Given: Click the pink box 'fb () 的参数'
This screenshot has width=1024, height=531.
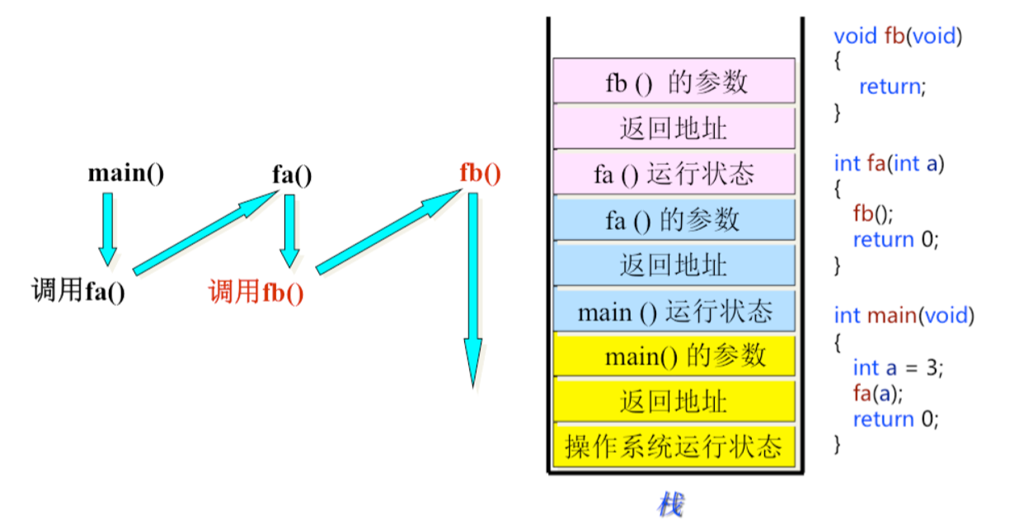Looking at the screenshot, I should coord(674,81).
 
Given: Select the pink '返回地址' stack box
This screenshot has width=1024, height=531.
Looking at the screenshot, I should coord(674,128).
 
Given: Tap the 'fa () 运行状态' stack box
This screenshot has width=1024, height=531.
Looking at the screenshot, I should coord(674,173).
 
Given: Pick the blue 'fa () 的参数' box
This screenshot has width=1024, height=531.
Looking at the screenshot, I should coord(674,219).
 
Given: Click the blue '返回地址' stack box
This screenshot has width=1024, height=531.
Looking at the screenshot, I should coord(674,265).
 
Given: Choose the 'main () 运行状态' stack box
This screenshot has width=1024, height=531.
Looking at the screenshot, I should coord(674,312).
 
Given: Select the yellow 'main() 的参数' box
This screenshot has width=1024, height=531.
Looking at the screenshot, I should coord(674,355).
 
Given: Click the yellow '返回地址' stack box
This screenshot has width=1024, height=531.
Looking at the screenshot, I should coord(674,402).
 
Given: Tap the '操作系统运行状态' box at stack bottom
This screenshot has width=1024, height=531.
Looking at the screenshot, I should coord(674,447).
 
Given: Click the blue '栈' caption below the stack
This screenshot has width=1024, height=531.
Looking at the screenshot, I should coord(669,504).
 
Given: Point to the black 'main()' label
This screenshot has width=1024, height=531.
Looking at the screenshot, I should coord(126,174).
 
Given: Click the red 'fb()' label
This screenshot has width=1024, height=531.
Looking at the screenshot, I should coord(480,174).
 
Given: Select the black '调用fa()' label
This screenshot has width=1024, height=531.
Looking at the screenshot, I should coord(78,291).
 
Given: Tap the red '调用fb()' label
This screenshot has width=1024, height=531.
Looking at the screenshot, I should coord(256,292).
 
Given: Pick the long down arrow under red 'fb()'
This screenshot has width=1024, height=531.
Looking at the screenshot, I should coord(472,289).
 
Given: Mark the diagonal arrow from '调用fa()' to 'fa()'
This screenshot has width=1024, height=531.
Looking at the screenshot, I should coord(206,233).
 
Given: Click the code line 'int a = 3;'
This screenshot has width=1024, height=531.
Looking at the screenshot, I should coord(897,368).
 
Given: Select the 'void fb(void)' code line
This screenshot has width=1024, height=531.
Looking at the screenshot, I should coord(898,36).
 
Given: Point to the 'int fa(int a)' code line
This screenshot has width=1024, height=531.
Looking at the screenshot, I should coord(889,163).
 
